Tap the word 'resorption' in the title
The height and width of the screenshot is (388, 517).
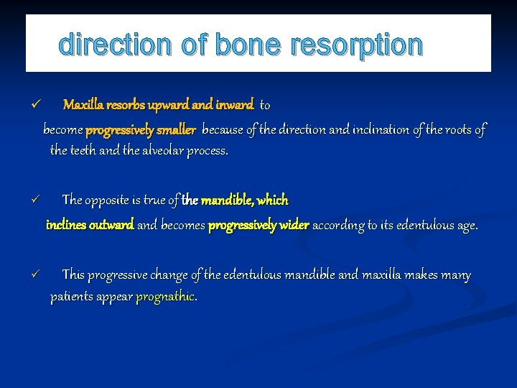pyautogui.click(x=357, y=45)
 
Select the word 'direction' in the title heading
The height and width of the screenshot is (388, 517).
pyautogui.click(x=117, y=45)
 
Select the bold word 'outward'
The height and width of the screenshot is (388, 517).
pyautogui.click(x=111, y=225)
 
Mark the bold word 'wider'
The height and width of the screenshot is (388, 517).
pyautogui.click(x=294, y=225)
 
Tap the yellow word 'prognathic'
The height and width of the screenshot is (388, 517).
pyautogui.click(x=166, y=297)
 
